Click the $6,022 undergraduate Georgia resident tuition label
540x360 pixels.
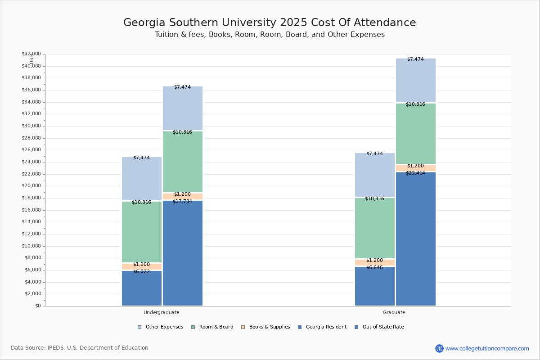[141, 272]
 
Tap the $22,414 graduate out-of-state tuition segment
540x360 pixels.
[415, 239]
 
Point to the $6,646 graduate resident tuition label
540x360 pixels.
[374, 268]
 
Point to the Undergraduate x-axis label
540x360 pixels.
[162, 312]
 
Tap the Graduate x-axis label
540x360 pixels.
[394, 312]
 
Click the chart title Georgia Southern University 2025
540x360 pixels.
[270, 22]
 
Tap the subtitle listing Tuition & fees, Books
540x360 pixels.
[270, 35]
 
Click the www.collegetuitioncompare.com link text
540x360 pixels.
[487, 348]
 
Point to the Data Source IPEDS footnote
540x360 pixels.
[80, 348]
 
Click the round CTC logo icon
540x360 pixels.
[439, 348]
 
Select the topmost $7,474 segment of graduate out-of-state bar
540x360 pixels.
[415, 81]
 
